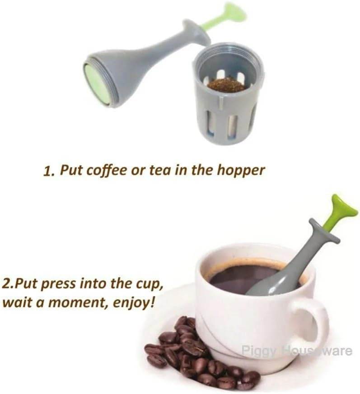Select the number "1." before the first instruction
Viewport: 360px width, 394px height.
[x=49, y=172]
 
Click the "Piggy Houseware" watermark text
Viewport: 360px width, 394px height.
[x=296, y=350]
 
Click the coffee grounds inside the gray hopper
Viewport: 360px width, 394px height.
[x=226, y=84]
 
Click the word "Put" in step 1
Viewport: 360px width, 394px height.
[x=71, y=171]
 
